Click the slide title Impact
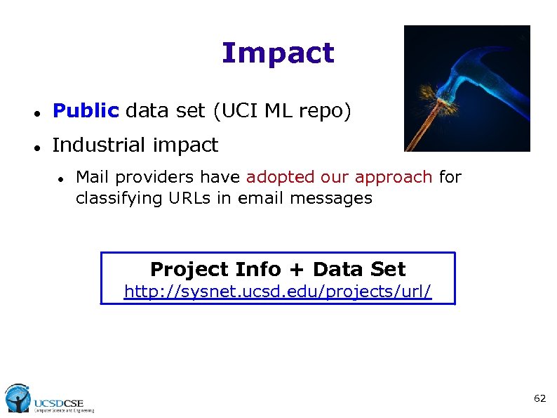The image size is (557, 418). [x=278, y=53]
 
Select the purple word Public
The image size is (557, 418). [x=86, y=111]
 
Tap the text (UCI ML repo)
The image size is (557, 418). [x=281, y=111]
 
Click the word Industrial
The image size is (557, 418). [x=96, y=145]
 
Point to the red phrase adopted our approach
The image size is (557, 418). [x=339, y=177]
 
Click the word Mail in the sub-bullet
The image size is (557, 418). [x=91, y=177]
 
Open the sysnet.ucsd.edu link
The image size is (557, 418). [x=278, y=291]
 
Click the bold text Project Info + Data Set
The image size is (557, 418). [x=278, y=269]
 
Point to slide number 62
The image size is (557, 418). [x=539, y=398]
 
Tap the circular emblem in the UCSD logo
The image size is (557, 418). [x=18, y=398]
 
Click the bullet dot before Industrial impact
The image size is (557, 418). [x=34, y=147]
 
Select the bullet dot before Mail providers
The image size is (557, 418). [x=62, y=178]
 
